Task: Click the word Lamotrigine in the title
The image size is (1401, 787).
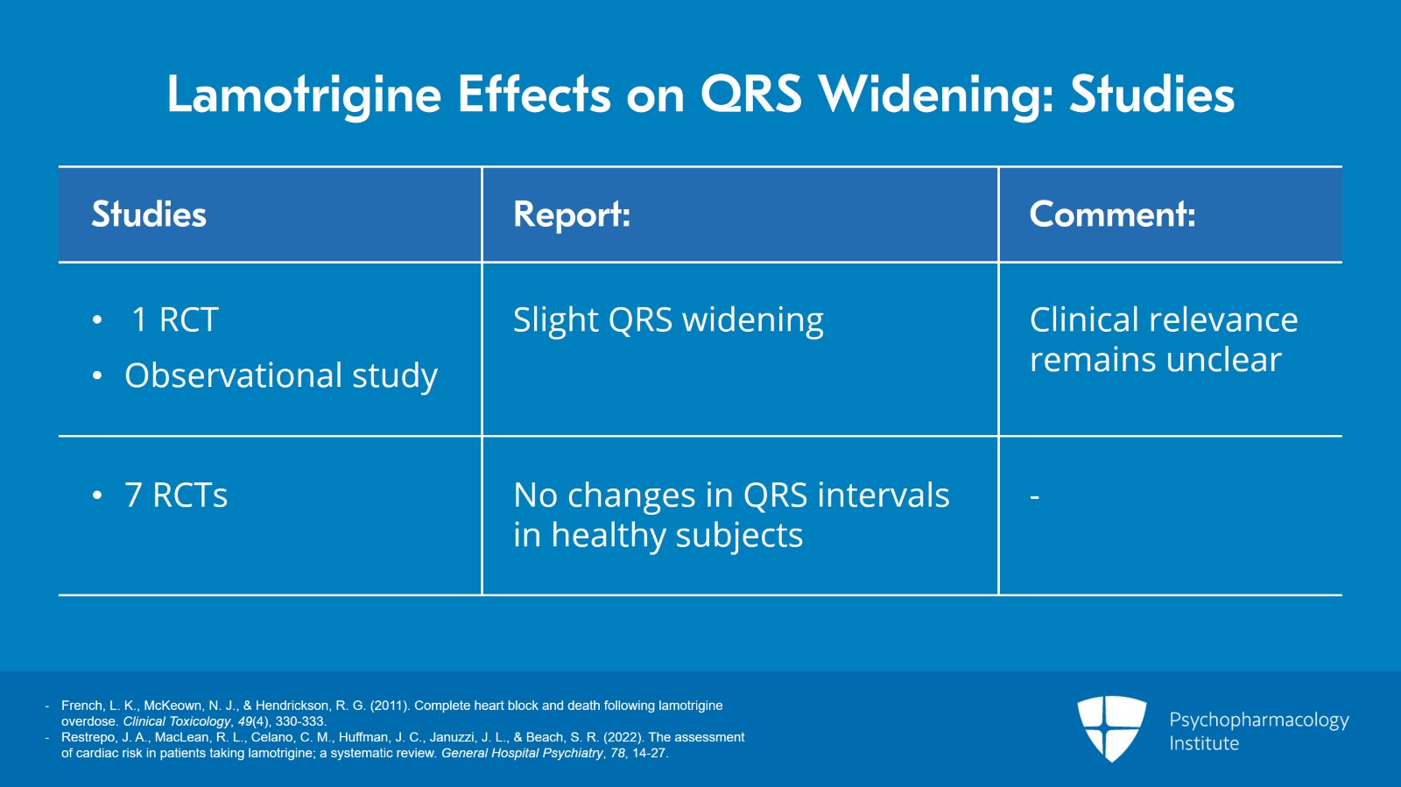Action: (x=303, y=95)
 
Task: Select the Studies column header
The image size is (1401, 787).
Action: (x=149, y=214)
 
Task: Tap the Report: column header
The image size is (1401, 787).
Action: (x=571, y=214)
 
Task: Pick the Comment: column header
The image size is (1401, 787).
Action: (x=1111, y=214)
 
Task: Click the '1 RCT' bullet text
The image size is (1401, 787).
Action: (x=174, y=320)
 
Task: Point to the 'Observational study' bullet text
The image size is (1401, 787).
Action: (x=280, y=376)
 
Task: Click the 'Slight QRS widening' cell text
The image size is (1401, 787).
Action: (x=667, y=320)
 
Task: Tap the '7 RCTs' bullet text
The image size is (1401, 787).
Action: (x=176, y=495)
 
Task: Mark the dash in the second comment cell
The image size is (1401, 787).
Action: (x=1034, y=497)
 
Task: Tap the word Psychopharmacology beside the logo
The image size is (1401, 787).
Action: (x=1258, y=720)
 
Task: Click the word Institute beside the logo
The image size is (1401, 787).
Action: (x=1204, y=743)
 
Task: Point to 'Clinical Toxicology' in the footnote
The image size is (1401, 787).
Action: (x=176, y=721)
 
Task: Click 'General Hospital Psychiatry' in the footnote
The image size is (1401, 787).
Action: (x=522, y=753)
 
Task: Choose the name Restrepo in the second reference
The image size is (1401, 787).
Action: (x=86, y=737)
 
